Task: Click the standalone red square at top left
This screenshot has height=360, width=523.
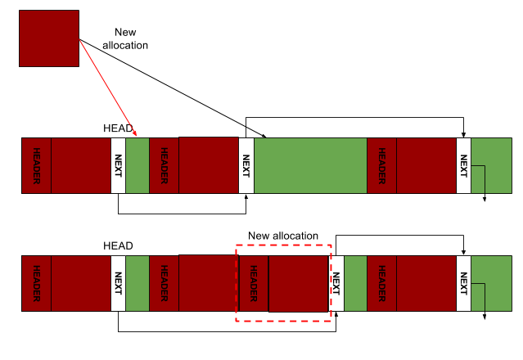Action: [49, 38]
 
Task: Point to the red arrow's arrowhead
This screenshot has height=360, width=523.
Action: [136, 135]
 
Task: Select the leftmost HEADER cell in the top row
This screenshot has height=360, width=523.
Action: [36, 165]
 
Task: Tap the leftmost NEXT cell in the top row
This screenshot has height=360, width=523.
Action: [118, 165]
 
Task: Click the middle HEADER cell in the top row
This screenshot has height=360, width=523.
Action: [164, 165]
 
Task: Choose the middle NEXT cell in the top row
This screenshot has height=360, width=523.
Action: [246, 165]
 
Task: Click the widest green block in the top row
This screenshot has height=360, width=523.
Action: [310, 165]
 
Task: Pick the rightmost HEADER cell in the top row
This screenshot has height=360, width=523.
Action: [381, 165]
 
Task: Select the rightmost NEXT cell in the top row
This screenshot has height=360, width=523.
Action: [463, 165]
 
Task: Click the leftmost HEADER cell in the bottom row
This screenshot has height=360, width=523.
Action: [36, 283]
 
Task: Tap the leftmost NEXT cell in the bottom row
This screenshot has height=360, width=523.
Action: [118, 283]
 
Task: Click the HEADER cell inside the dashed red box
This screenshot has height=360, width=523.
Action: [254, 283]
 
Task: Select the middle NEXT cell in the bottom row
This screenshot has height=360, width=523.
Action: [336, 283]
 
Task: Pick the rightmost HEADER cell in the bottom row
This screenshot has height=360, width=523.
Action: [381, 283]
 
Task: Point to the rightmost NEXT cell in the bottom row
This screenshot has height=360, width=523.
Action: [463, 283]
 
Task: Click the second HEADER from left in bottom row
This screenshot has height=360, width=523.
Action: [164, 283]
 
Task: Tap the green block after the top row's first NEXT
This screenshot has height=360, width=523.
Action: [137, 165]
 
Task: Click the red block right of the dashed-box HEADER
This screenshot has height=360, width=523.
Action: [298, 283]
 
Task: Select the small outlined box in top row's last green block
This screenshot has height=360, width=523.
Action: [477, 179]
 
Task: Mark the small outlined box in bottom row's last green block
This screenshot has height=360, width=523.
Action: [477, 297]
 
